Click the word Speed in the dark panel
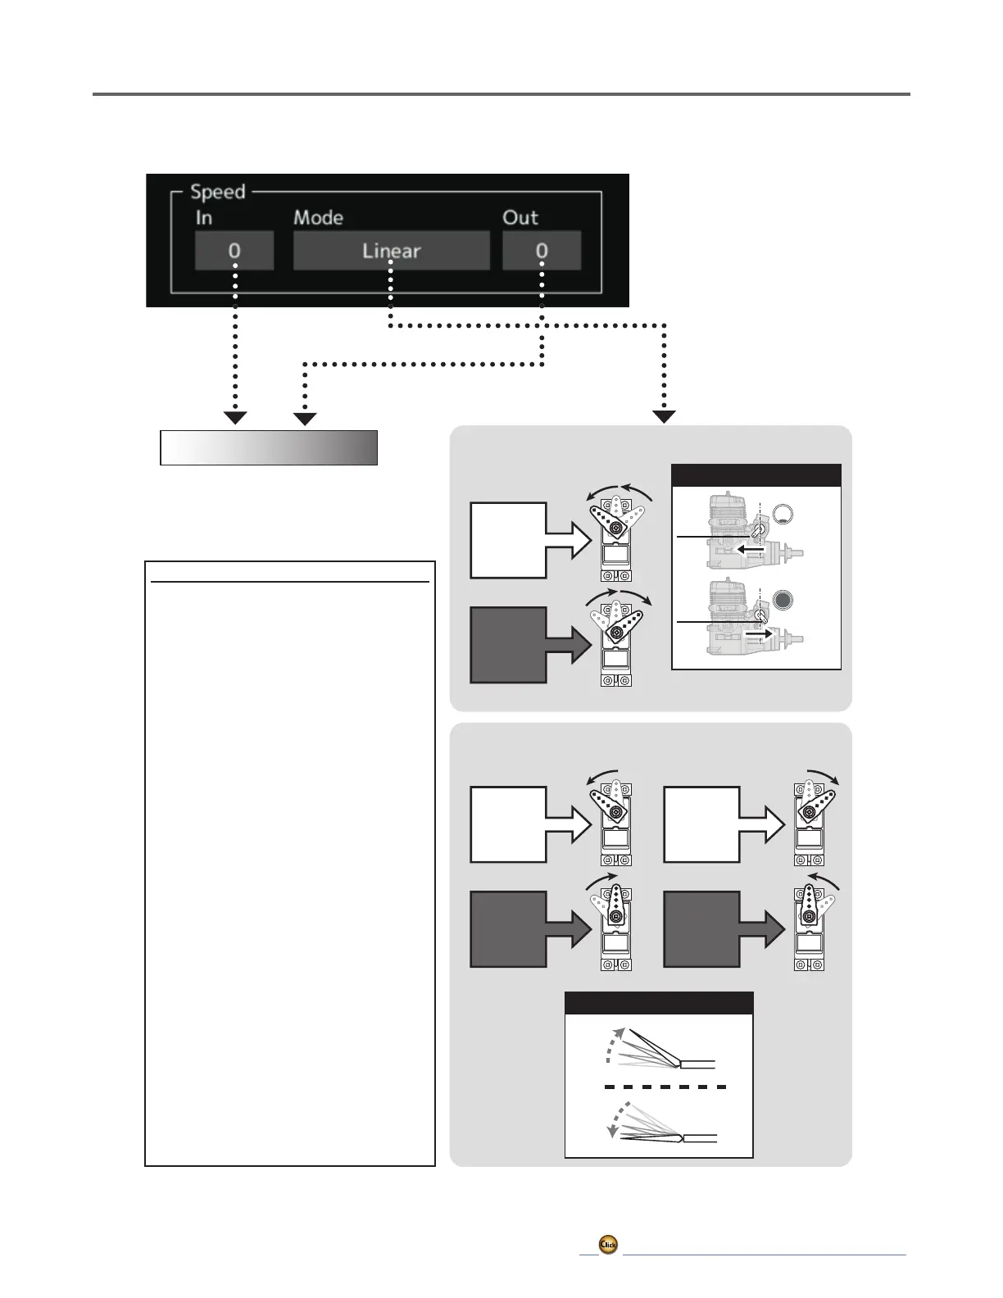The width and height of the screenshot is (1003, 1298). [218, 192]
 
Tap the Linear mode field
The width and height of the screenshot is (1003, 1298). [392, 250]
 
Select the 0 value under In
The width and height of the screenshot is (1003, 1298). [234, 250]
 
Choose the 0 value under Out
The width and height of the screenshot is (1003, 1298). [542, 250]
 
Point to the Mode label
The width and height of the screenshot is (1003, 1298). [318, 217]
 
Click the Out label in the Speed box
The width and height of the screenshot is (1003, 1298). [520, 217]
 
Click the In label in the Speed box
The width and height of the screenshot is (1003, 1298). [203, 217]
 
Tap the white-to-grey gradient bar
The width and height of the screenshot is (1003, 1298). [269, 448]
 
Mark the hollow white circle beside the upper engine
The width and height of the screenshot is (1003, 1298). [784, 515]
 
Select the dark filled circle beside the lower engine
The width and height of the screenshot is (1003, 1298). [784, 600]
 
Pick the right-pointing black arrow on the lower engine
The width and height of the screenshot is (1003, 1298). [757, 633]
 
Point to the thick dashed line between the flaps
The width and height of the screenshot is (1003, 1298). [665, 1087]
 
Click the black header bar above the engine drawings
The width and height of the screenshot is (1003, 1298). [756, 475]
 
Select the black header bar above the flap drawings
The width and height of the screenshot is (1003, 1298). [659, 1003]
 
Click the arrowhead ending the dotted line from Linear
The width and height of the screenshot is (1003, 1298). [664, 417]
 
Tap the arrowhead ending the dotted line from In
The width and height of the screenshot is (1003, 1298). [235, 418]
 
